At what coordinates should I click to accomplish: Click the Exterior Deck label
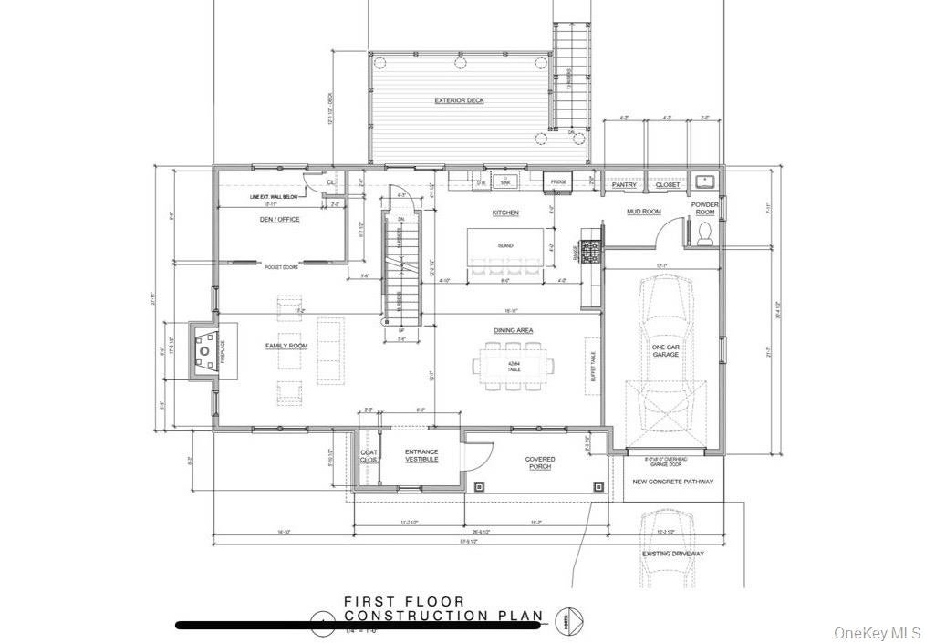tap(459, 100)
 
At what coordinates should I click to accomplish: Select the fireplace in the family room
tap(205, 351)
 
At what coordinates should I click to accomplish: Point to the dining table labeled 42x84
tap(514, 367)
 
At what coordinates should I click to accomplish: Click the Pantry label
tap(624, 185)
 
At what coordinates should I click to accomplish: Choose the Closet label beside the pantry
tap(667, 185)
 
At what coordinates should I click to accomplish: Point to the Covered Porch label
tap(539, 463)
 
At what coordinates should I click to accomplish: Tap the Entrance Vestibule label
tap(421, 456)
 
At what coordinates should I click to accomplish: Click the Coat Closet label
tap(369, 456)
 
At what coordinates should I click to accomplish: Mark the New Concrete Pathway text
tap(673, 482)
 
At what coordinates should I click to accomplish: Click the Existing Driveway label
tap(673, 554)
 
